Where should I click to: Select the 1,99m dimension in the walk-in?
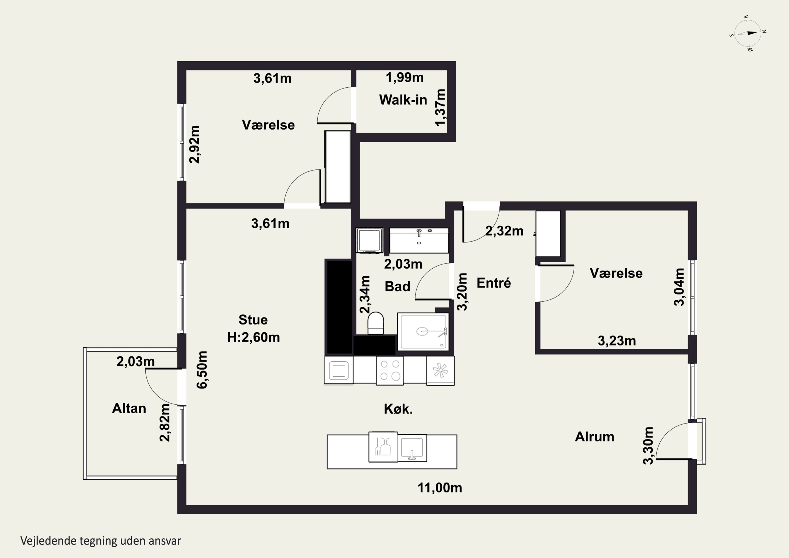[x=404, y=78]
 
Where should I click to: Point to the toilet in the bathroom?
[x=376, y=323]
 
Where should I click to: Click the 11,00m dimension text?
[x=439, y=488]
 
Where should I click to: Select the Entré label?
[x=493, y=283]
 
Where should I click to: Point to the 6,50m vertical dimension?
[x=202, y=370]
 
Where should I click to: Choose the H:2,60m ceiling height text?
[x=254, y=337]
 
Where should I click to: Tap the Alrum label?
[x=594, y=437]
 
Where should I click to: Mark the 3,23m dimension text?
[x=617, y=341]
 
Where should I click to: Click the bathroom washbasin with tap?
[x=419, y=240]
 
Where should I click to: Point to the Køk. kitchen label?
[x=398, y=409]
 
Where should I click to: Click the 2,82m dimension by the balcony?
[x=165, y=423]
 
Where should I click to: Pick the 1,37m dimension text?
[x=440, y=108]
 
